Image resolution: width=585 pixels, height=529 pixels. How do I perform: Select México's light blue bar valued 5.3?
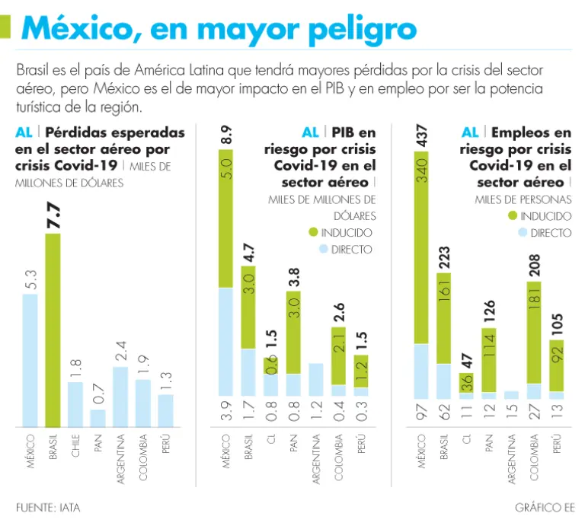pos(30,360)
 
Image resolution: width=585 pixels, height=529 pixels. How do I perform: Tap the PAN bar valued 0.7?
pos(97,418)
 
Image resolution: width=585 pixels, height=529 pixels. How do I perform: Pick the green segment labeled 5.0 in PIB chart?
pos(226,218)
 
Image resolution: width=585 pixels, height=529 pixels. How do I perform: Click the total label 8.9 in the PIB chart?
pos(226,136)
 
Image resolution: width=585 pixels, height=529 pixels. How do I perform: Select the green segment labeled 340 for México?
pos(422,247)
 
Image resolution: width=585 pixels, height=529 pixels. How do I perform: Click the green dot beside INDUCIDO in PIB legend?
pos(313,232)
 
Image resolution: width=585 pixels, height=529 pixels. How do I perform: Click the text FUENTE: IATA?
pos(48,506)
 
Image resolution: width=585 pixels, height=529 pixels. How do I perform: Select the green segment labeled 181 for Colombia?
pos(534,333)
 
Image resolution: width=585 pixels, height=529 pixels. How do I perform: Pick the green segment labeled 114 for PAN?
pos(489,359)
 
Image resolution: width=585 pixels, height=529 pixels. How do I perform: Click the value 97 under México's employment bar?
pos(422,413)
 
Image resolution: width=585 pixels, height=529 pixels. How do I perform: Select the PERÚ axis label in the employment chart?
pos(556,441)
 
